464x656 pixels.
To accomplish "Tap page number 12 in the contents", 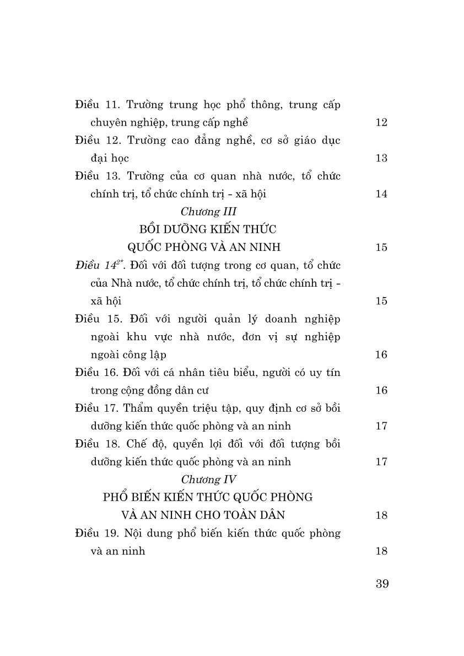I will (x=381, y=122).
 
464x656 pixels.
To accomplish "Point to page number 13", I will (x=381, y=158).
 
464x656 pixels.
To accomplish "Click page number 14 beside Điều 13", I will (x=381, y=193).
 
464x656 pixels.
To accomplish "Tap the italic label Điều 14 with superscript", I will (x=98, y=265).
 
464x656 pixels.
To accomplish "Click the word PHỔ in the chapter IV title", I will (x=116, y=497).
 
